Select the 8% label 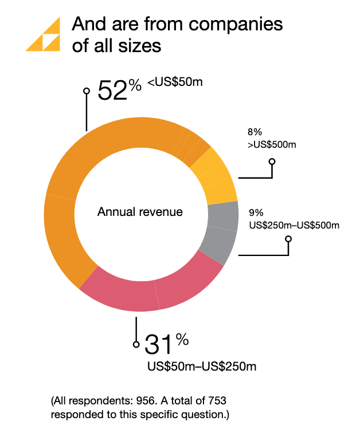255,132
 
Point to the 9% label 256,212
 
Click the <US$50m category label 175,83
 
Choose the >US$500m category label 272,145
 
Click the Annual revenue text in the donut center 140,212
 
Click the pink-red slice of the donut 155,289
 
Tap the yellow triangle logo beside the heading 44,35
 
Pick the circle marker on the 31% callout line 136,345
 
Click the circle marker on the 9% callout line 288,238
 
